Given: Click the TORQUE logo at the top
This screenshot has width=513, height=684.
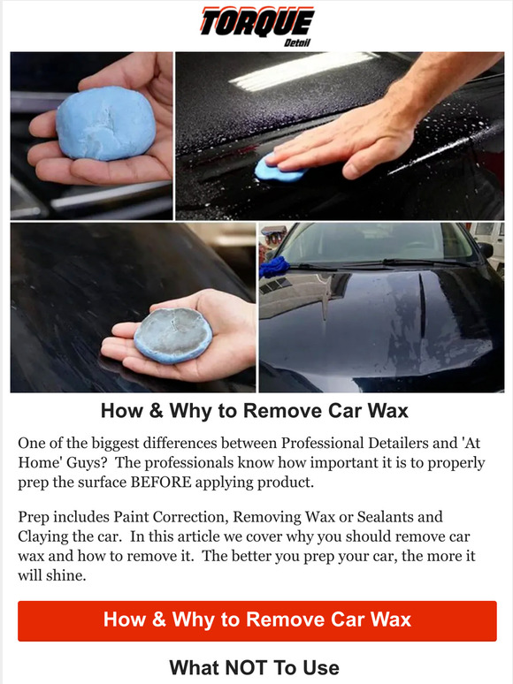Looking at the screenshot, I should [256, 21].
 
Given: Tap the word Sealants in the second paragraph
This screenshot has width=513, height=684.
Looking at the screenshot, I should [411, 516].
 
